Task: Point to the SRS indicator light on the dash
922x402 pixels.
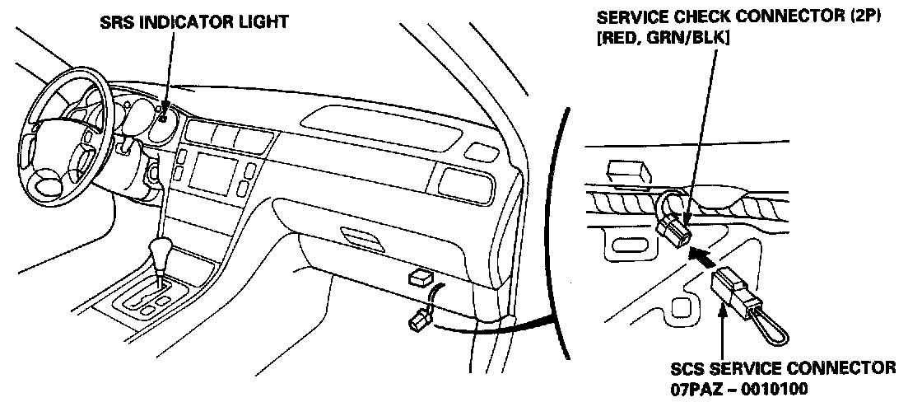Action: pos(163,118)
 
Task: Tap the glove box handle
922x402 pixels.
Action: pos(361,239)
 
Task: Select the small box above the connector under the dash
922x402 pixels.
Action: pos(421,277)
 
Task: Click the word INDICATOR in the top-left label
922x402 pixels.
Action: pos(181,22)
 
